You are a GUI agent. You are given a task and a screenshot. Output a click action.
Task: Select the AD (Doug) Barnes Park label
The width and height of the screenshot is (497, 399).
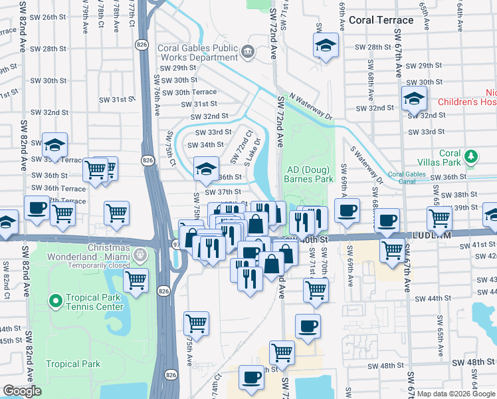308,174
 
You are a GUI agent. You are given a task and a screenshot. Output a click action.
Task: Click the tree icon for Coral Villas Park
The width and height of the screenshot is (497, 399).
471,156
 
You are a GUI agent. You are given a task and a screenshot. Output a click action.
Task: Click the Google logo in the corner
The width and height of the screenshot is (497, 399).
23,391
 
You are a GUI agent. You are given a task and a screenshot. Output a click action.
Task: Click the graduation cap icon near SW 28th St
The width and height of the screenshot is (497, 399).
326,45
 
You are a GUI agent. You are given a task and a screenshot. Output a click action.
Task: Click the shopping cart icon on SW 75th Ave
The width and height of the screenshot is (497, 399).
196,323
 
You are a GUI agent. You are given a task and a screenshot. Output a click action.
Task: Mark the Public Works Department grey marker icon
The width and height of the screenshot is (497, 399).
248,51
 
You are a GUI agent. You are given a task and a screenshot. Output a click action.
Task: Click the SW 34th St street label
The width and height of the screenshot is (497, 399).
205,144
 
